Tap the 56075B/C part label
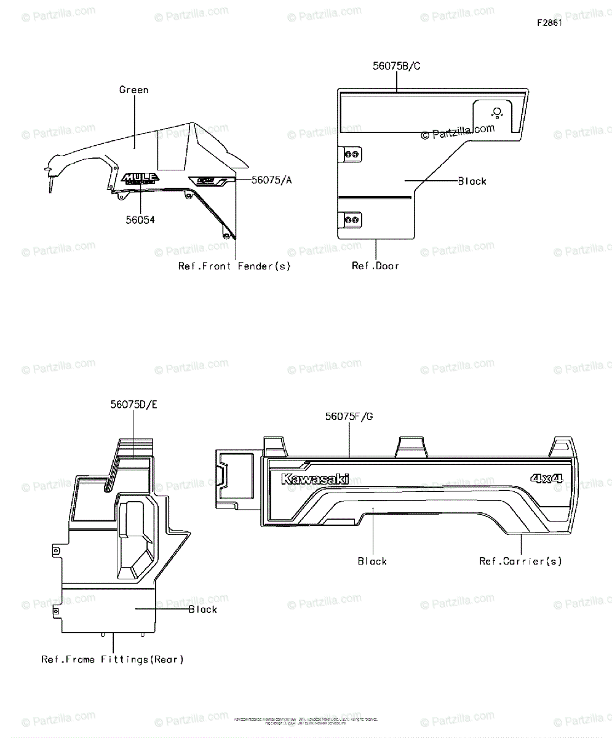396,66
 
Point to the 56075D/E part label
133,405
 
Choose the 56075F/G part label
349,416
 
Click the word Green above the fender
133,90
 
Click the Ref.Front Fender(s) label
234,266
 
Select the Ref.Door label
375,266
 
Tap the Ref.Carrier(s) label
520,561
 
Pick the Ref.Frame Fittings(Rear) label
113,660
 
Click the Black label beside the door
472,181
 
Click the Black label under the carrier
372,561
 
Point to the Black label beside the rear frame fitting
202,609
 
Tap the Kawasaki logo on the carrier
315,479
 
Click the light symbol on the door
498,112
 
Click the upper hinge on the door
351,154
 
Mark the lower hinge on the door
351,220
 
